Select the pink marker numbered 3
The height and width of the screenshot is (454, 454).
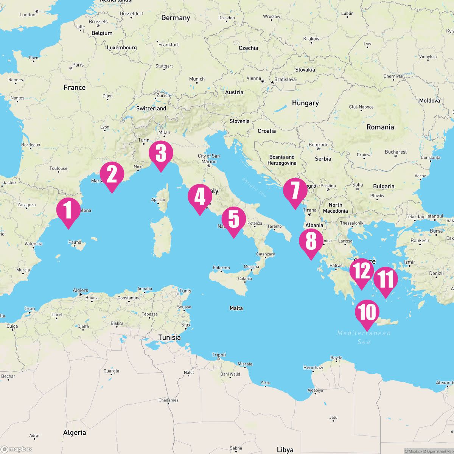[161, 153]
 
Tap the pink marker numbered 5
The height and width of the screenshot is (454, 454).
[234, 219]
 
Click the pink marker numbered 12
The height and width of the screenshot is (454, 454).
[361, 271]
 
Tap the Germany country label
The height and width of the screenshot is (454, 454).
[176, 18]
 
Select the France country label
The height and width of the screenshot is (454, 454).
[75, 87]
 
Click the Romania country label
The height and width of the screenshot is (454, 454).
[380, 127]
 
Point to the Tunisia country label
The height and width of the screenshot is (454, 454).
[169, 337]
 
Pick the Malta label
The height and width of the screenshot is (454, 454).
[236, 308]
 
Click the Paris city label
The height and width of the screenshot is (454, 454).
[78, 65]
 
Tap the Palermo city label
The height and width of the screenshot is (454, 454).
[221, 268]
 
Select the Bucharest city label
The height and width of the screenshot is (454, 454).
[395, 152]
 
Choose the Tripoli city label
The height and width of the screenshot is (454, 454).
[219, 355]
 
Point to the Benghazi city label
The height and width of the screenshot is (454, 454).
[313, 367]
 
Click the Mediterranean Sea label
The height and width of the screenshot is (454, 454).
[364, 337]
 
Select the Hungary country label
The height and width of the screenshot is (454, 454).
[305, 103]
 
